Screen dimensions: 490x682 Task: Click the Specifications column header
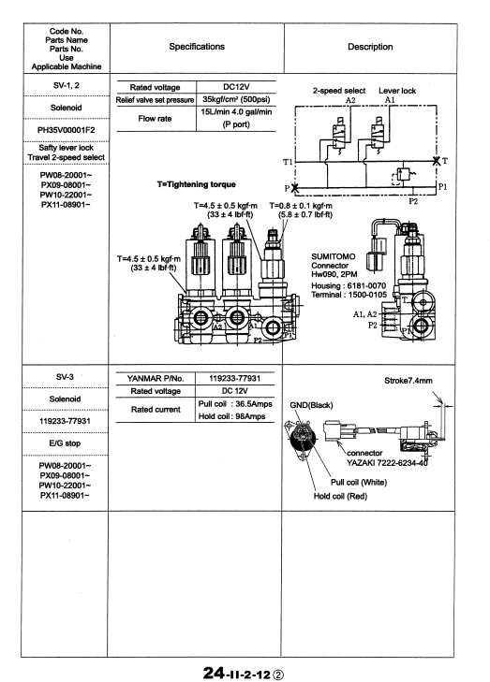[x=197, y=47]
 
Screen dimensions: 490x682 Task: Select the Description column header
[x=370, y=47]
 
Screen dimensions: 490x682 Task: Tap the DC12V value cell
[x=236, y=87]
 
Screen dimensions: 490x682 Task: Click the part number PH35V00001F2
[x=67, y=130]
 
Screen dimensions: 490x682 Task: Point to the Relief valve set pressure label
[x=156, y=100]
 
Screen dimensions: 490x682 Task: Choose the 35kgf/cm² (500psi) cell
[x=236, y=99]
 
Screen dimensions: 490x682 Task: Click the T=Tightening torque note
[x=197, y=184]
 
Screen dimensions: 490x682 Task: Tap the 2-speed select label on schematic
[x=339, y=91]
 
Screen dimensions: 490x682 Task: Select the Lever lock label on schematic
[x=397, y=91]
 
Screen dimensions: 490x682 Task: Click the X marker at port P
[x=295, y=188]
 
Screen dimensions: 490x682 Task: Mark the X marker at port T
[x=437, y=161]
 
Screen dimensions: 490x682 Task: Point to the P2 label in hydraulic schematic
[x=413, y=201]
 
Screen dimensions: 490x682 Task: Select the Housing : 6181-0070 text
[x=349, y=285]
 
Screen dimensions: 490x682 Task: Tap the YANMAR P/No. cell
[x=156, y=378]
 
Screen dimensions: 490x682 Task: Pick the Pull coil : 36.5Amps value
[x=235, y=404]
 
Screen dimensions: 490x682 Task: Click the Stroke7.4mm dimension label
[x=408, y=381]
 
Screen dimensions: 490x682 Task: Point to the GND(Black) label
[x=311, y=405]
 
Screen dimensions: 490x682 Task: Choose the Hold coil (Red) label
[x=341, y=496]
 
